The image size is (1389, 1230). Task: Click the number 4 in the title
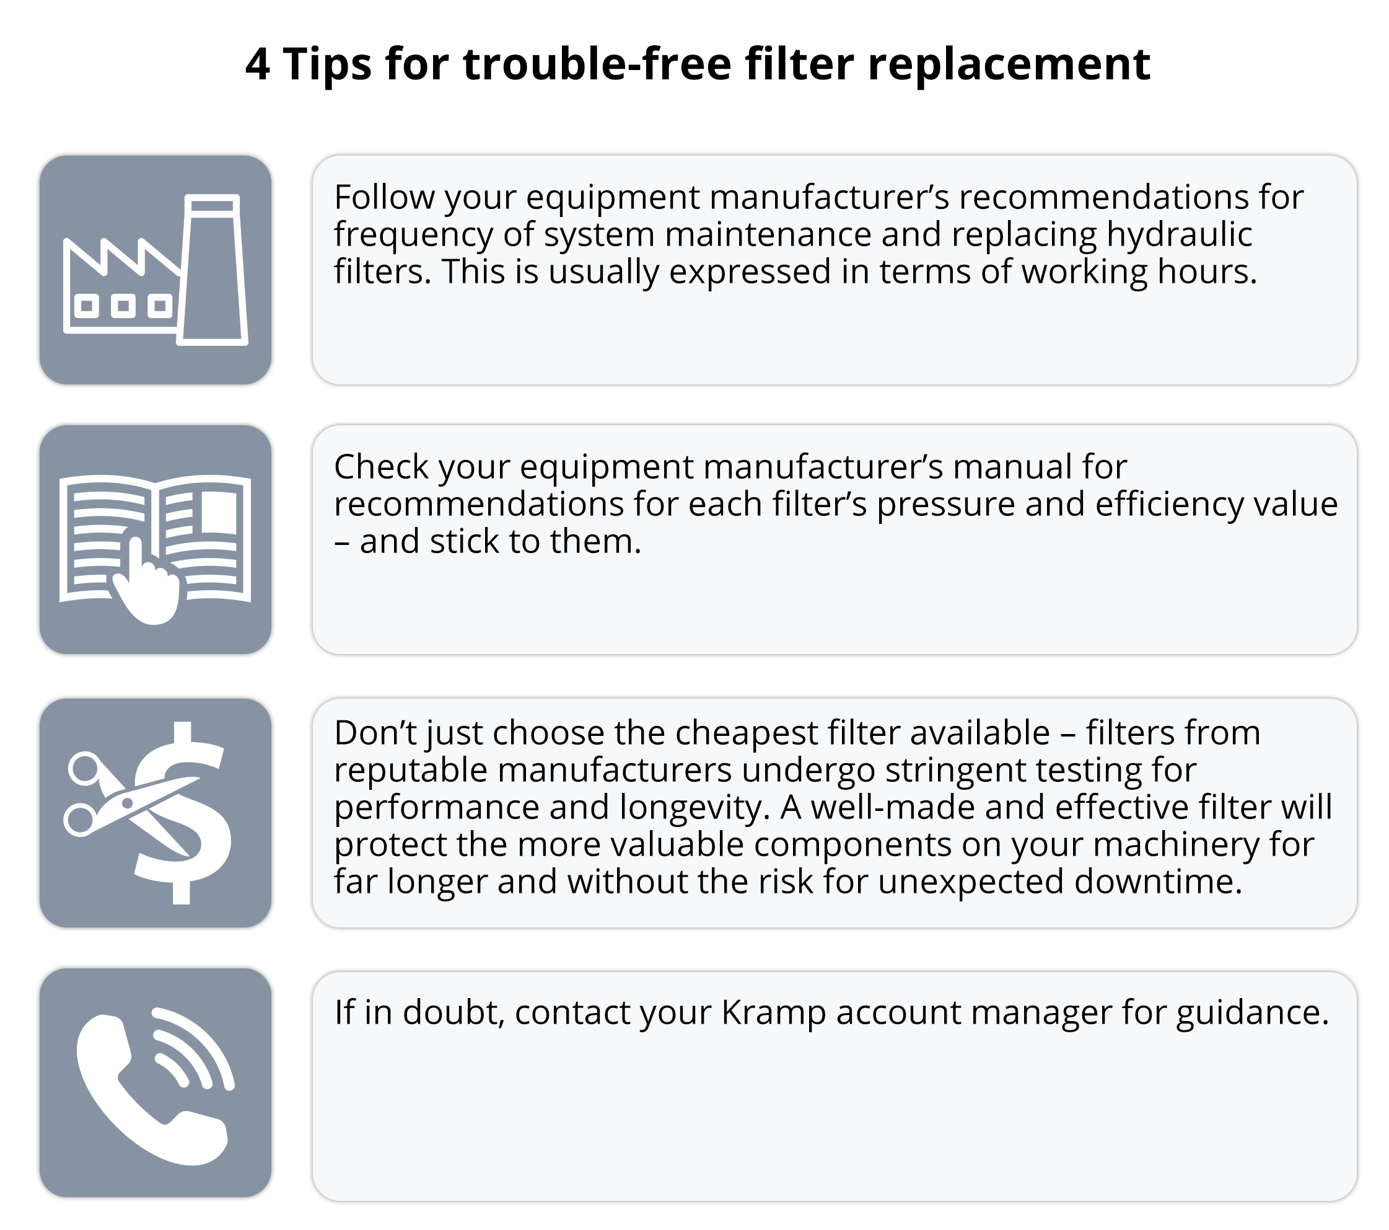click(258, 64)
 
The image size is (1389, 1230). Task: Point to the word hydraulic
click(1179, 234)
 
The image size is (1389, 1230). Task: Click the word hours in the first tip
click(1207, 272)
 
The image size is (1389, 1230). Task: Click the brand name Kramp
click(773, 1014)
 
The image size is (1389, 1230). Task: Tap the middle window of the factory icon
click(123, 306)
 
